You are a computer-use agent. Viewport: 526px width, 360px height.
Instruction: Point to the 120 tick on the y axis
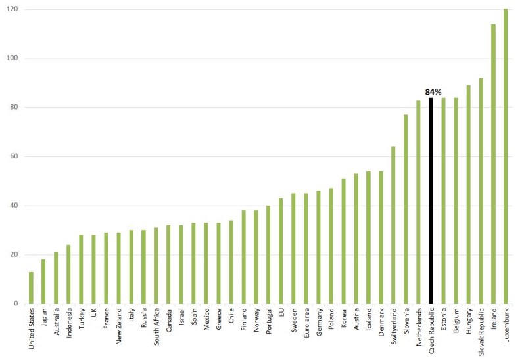[x=13, y=9]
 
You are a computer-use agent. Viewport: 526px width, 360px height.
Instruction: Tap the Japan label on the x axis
[x=43, y=318]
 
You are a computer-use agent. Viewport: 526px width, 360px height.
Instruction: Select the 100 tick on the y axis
[x=13, y=58]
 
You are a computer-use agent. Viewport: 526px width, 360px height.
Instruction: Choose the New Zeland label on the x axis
[x=118, y=326]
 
